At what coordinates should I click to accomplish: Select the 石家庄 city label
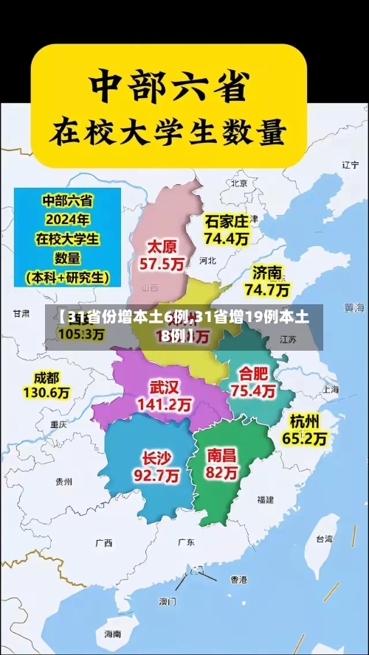tap(227, 221)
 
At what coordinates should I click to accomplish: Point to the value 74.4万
tap(227, 238)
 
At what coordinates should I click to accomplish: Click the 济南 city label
tap(266, 273)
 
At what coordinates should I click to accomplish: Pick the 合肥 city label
tap(253, 373)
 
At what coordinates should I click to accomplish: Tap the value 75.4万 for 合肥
tap(253, 390)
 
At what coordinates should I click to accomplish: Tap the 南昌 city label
tap(222, 455)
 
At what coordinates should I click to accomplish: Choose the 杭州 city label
tap(304, 421)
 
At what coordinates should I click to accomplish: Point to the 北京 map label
tap(238, 183)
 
